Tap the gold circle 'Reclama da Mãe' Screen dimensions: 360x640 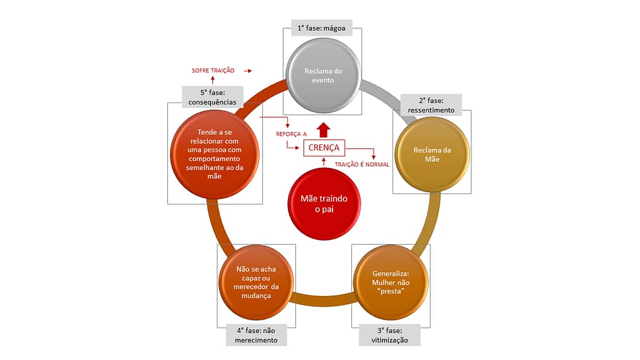click(x=431, y=154)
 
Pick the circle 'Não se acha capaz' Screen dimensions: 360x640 click(x=256, y=282)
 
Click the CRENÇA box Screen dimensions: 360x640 click(x=324, y=148)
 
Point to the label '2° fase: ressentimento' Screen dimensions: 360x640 click(x=431, y=104)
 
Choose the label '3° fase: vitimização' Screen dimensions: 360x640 click(x=388, y=335)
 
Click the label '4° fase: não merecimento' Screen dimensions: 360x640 click(x=256, y=335)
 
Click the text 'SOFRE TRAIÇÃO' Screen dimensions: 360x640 click(x=212, y=70)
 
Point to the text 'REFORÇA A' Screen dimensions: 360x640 click(x=291, y=134)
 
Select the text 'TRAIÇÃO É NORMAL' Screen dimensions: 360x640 click(x=362, y=164)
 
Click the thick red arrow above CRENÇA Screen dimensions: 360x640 click(x=324, y=129)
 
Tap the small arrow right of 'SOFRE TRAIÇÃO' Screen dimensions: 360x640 click(x=248, y=70)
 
